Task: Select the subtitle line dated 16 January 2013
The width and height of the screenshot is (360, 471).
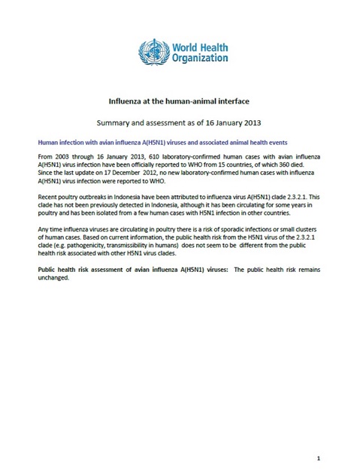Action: coord(179,120)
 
